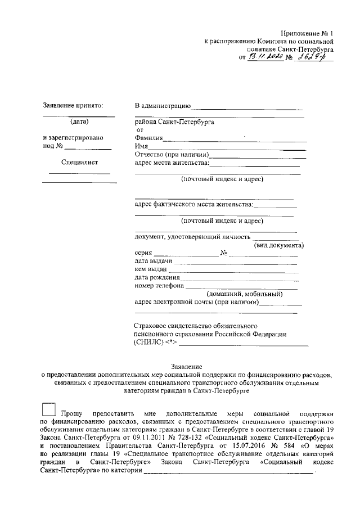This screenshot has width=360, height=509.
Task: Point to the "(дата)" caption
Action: coord(79,121)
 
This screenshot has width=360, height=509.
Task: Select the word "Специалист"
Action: coord(79,163)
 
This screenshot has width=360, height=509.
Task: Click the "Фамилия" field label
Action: coord(149,138)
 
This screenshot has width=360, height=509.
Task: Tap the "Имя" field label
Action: coord(142,146)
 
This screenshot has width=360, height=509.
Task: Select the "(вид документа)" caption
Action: coord(279,245)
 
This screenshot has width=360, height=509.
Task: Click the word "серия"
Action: coord(143,253)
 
